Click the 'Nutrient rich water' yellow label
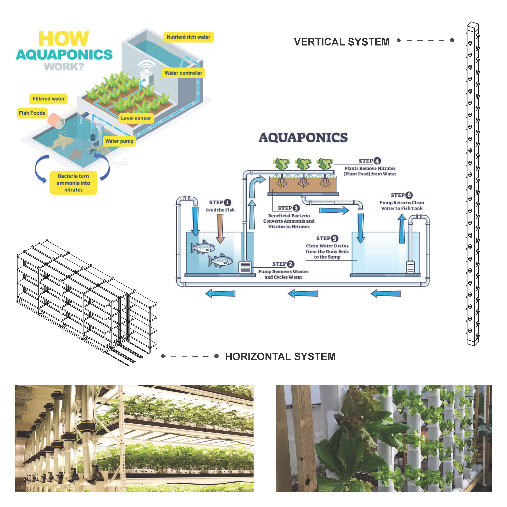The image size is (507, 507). point(188,37)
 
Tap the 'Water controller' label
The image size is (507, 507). point(183,73)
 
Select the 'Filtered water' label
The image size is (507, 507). point(49,99)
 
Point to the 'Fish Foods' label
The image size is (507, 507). point(32,113)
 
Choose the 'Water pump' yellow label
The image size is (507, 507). point(119,141)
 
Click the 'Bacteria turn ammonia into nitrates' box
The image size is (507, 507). point(74,183)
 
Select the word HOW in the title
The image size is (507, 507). point(64,39)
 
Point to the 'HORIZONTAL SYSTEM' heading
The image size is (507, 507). point(280,356)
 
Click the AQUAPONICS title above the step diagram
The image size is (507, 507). point(303,137)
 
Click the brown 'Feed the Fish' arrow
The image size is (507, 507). point(220,228)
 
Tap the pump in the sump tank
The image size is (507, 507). point(410,267)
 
